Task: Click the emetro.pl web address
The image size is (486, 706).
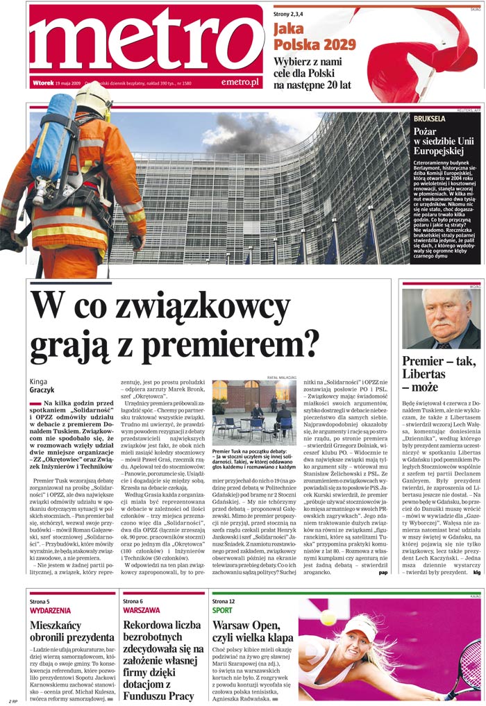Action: tap(240, 82)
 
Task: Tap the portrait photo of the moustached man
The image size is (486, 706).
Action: tap(441, 319)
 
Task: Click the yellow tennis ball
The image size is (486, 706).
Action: tap(328, 617)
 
